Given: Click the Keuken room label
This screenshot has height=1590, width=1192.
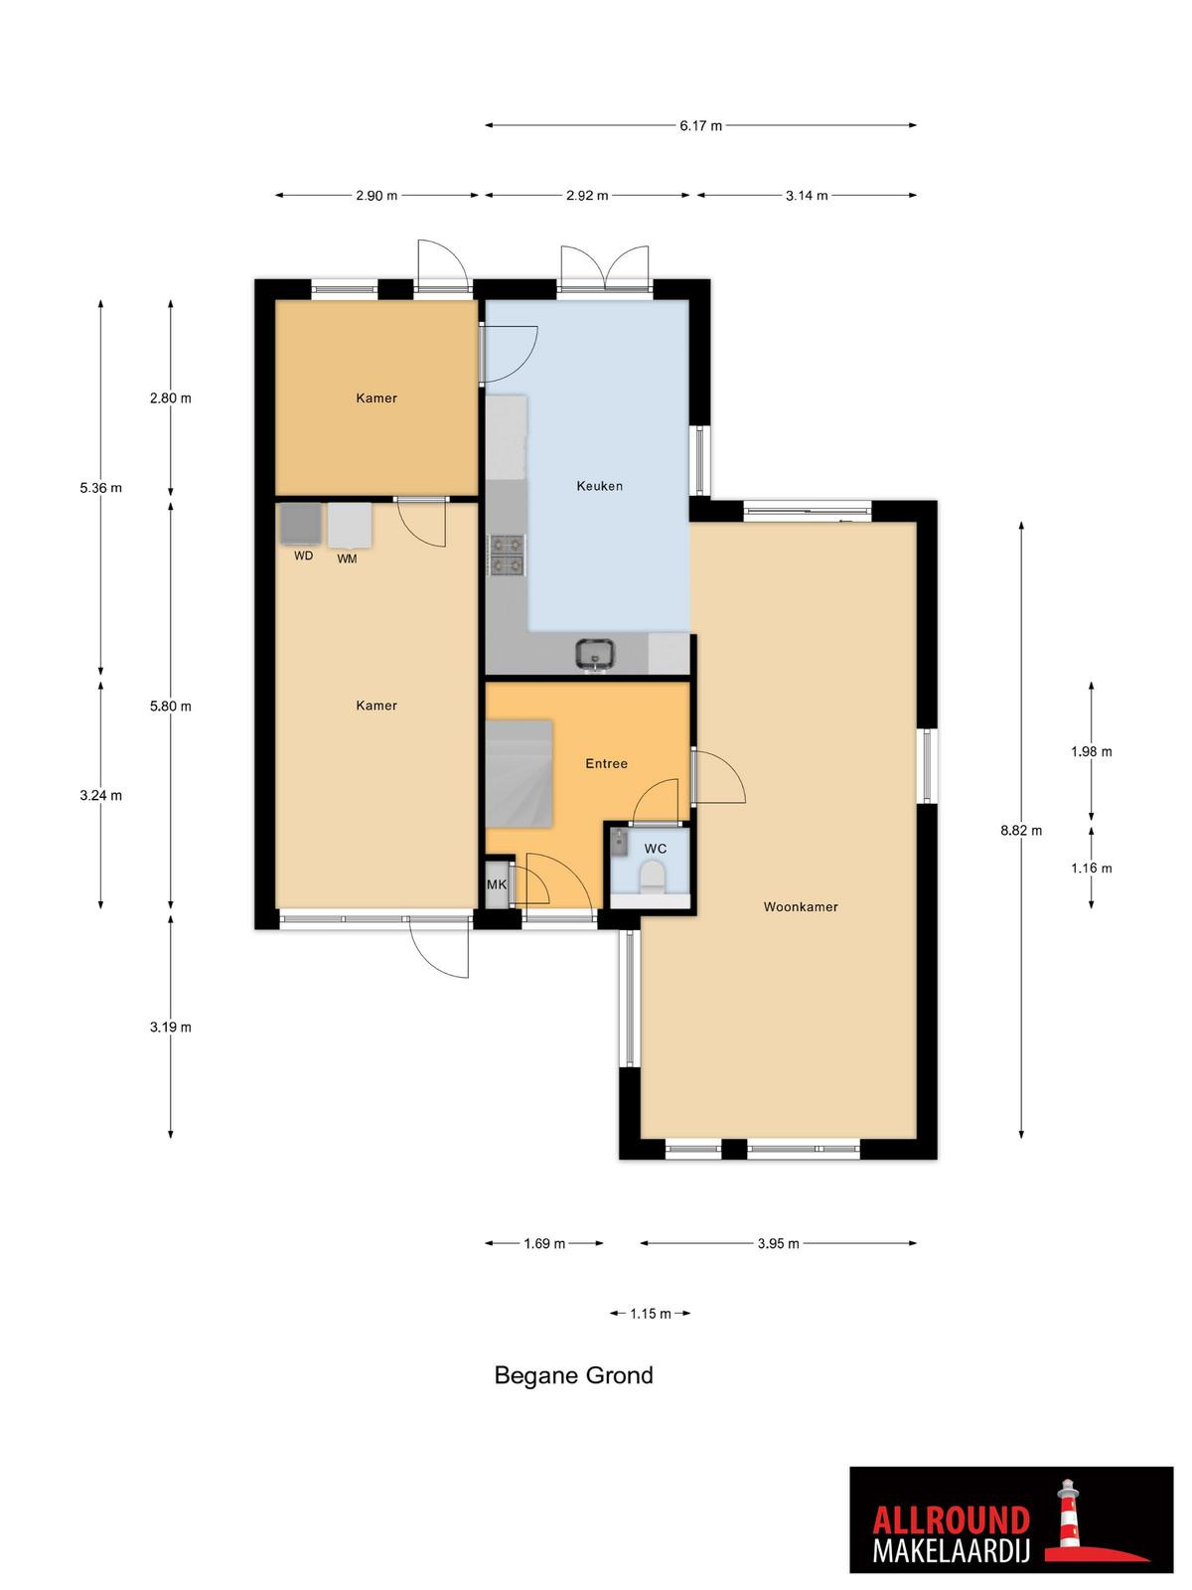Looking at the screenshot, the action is (x=599, y=486).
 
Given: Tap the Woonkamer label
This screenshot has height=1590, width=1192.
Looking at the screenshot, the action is (x=801, y=906).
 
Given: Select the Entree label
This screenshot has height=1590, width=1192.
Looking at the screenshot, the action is (x=607, y=763).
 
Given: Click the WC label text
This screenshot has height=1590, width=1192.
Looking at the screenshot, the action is (x=656, y=849).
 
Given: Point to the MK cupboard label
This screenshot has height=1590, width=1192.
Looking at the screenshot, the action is (x=497, y=884).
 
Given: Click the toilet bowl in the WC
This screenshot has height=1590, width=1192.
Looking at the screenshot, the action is (x=653, y=875).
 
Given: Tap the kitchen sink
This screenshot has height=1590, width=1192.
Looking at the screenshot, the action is (x=595, y=654).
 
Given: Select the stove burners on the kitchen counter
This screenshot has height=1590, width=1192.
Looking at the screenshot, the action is (x=508, y=555).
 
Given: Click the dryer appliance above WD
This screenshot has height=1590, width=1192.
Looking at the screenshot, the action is (x=300, y=524).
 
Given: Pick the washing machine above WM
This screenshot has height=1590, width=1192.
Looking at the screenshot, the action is (x=351, y=526).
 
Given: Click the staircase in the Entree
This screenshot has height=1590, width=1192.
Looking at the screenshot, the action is (x=519, y=773).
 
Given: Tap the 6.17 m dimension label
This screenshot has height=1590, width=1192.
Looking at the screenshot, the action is (x=700, y=126).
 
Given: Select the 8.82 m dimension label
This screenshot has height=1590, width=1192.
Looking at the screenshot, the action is (x=1021, y=831).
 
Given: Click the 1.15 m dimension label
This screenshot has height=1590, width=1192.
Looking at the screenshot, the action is (x=651, y=1314).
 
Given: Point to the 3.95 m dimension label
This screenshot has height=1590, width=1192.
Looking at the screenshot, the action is (x=779, y=1244).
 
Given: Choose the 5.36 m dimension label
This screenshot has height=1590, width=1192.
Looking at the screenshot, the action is (x=100, y=488).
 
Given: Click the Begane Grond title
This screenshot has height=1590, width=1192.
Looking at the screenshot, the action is (x=574, y=1375).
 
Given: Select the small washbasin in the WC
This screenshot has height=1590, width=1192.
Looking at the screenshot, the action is (x=620, y=842).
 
